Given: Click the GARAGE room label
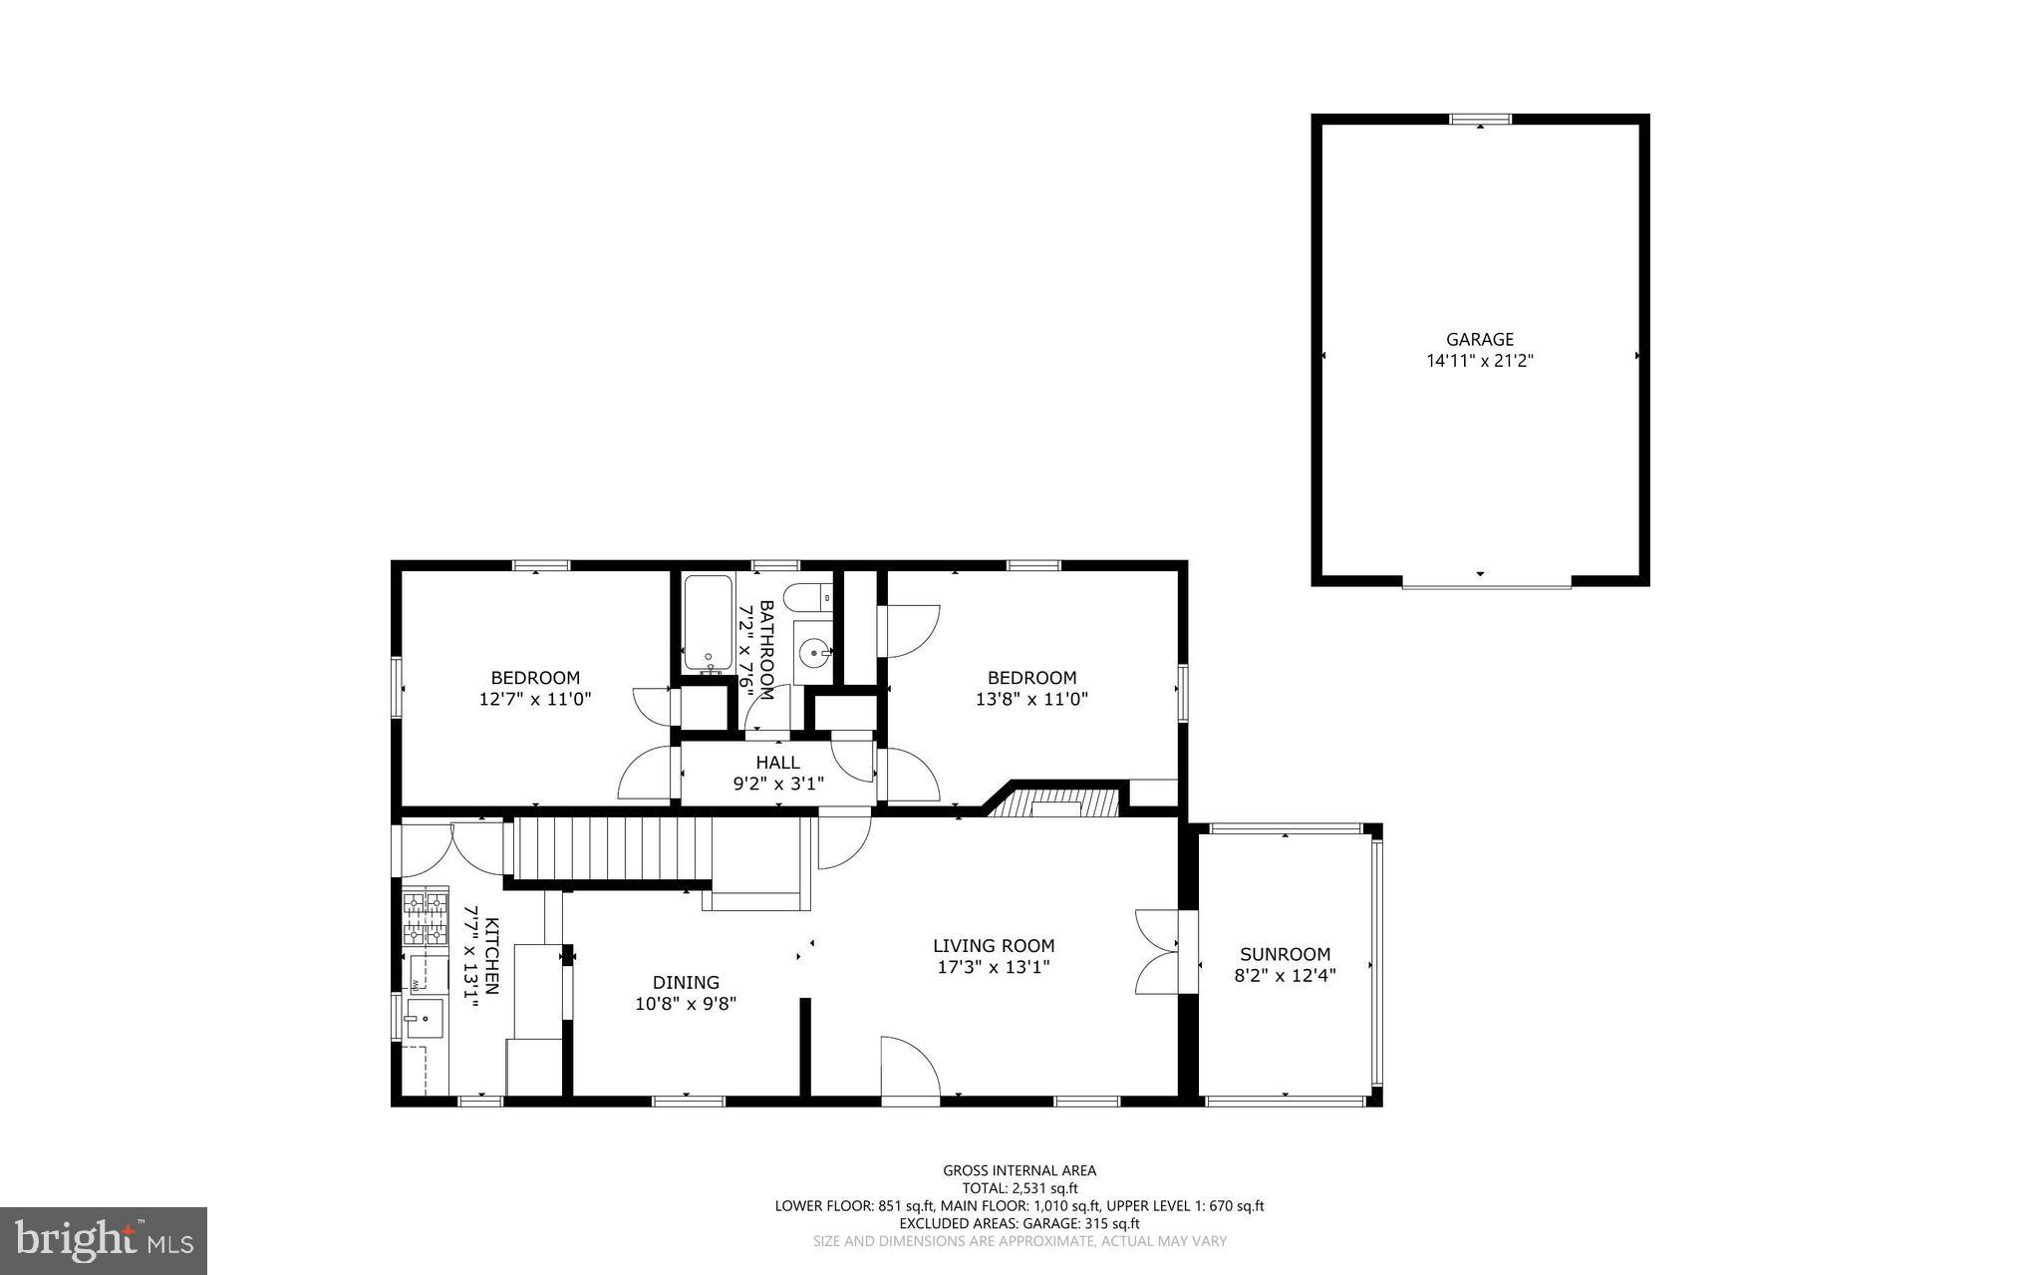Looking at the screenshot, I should point(1480,340).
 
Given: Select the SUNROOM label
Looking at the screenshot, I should point(1285,954).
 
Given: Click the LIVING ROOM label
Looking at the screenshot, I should point(994,946).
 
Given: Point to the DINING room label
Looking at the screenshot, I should point(686,983).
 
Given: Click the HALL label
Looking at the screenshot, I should point(777,764).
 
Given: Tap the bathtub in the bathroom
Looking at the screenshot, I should point(709,623).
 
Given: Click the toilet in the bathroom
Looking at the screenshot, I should point(808,597).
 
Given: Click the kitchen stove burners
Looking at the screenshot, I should point(425,919).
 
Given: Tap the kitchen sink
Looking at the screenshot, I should point(424,1019).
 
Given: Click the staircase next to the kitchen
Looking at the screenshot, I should point(608,848).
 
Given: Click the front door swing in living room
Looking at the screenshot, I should point(909,1070).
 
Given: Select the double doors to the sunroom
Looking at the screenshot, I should point(1158,952).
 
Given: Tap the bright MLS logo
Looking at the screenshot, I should point(104,1240).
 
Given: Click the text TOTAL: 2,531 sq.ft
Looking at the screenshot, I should point(1020,1188).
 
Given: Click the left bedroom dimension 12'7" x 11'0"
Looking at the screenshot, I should point(535,700).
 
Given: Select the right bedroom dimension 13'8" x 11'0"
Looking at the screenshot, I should point(1031,700).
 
